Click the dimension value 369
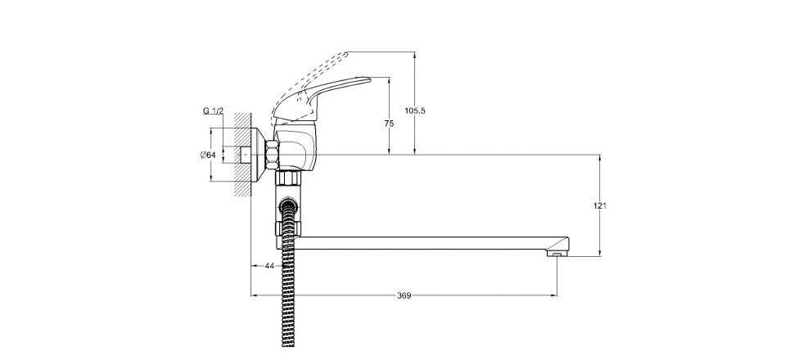click(x=404, y=295)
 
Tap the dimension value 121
click(x=600, y=205)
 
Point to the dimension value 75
click(x=389, y=124)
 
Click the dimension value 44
click(x=268, y=266)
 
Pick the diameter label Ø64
click(x=208, y=155)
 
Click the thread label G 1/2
click(x=213, y=110)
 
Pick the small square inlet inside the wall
click(x=245, y=154)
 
